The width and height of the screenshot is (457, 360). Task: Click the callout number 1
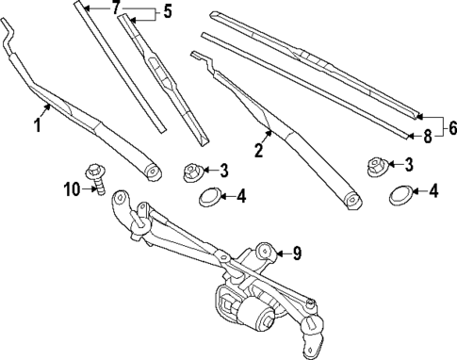tap(40, 125)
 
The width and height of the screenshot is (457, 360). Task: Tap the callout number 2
tap(257, 147)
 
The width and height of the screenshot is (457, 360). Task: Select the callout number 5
tap(168, 12)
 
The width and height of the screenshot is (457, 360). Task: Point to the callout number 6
tap(451, 127)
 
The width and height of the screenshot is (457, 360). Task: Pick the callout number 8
tap(427, 136)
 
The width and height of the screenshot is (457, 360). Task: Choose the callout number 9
tap(296, 252)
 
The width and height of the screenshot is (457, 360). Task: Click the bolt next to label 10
tap(95, 177)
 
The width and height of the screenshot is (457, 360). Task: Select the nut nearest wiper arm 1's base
tap(190, 172)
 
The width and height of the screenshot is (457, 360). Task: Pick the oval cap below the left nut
tap(209, 196)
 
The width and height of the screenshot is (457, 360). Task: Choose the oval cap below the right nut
tap(400, 196)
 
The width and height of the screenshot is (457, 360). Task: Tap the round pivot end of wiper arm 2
tap(351, 199)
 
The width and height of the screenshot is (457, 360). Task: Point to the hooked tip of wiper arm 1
tap(8, 38)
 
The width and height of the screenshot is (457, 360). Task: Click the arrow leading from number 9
tap(280, 252)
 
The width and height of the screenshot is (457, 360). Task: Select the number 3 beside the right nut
tap(408, 165)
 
